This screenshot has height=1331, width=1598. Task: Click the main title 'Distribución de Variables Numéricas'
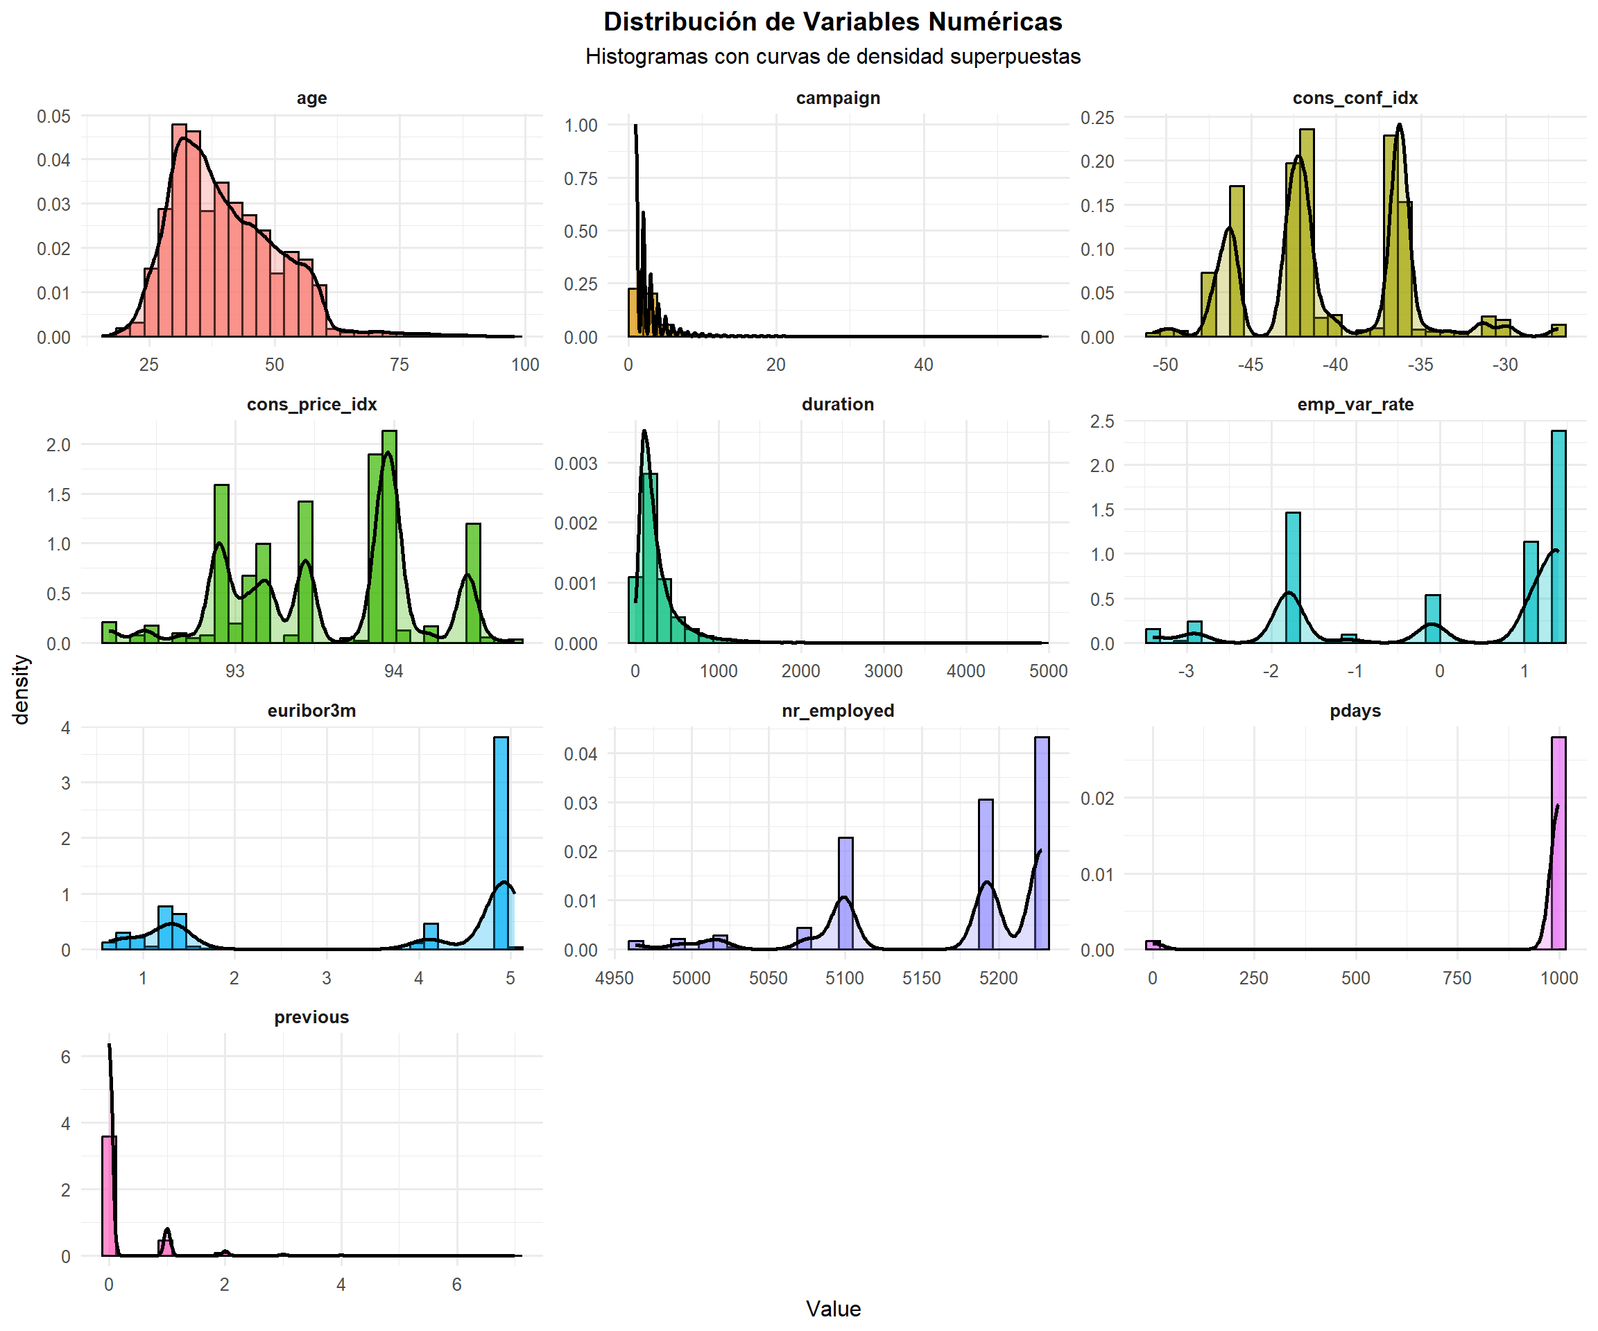tap(832, 22)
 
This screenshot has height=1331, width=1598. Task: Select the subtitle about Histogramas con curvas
tap(832, 57)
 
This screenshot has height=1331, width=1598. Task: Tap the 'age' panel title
tap(311, 98)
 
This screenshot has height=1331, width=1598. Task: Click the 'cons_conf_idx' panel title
tap(1355, 98)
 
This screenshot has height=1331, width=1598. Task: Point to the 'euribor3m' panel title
tap(311, 711)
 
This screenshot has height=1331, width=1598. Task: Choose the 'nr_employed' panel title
tap(838, 711)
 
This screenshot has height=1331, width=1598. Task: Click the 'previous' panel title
tap(311, 1017)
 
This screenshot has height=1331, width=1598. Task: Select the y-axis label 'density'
tap(22, 690)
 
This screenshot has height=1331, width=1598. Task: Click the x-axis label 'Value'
tap(833, 1308)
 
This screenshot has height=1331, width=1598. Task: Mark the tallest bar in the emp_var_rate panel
tap(1558, 536)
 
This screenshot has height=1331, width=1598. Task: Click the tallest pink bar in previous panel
tap(110, 1196)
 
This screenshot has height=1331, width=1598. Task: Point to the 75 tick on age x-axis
tap(399, 365)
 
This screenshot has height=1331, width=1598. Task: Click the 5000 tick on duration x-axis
tap(1049, 671)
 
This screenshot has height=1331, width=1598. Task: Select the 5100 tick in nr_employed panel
tap(845, 978)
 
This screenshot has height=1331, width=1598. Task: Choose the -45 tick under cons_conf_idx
tap(1251, 365)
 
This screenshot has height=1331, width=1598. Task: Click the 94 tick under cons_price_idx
tap(393, 671)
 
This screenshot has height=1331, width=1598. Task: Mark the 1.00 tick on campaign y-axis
tap(581, 125)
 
